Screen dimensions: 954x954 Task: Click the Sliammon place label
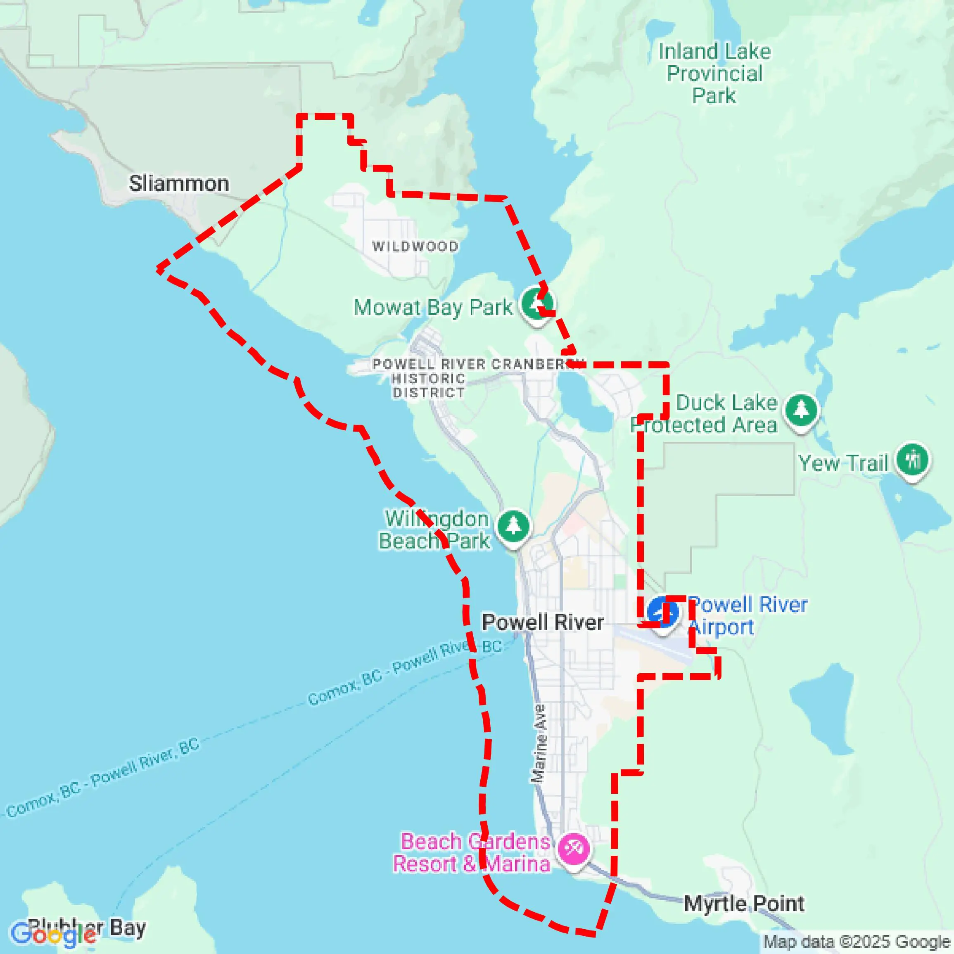pyautogui.click(x=179, y=183)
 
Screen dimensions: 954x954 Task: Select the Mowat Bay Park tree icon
pyautogui.click(x=537, y=304)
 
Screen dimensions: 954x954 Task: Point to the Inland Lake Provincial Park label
pyautogui.click(x=714, y=73)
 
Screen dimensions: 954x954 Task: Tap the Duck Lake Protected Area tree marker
pyautogui.click(x=801, y=410)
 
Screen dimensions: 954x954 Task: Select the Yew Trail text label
pyautogui.click(x=843, y=463)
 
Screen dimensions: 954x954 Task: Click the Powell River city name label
pyautogui.click(x=543, y=622)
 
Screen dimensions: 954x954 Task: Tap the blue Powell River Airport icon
pyautogui.click(x=661, y=611)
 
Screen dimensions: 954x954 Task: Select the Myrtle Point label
pyautogui.click(x=744, y=904)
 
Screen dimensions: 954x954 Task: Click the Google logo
pyautogui.click(x=53, y=935)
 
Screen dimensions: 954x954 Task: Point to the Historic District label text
pyautogui.click(x=429, y=386)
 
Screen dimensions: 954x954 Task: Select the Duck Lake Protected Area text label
pyautogui.click(x=704, y=414)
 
